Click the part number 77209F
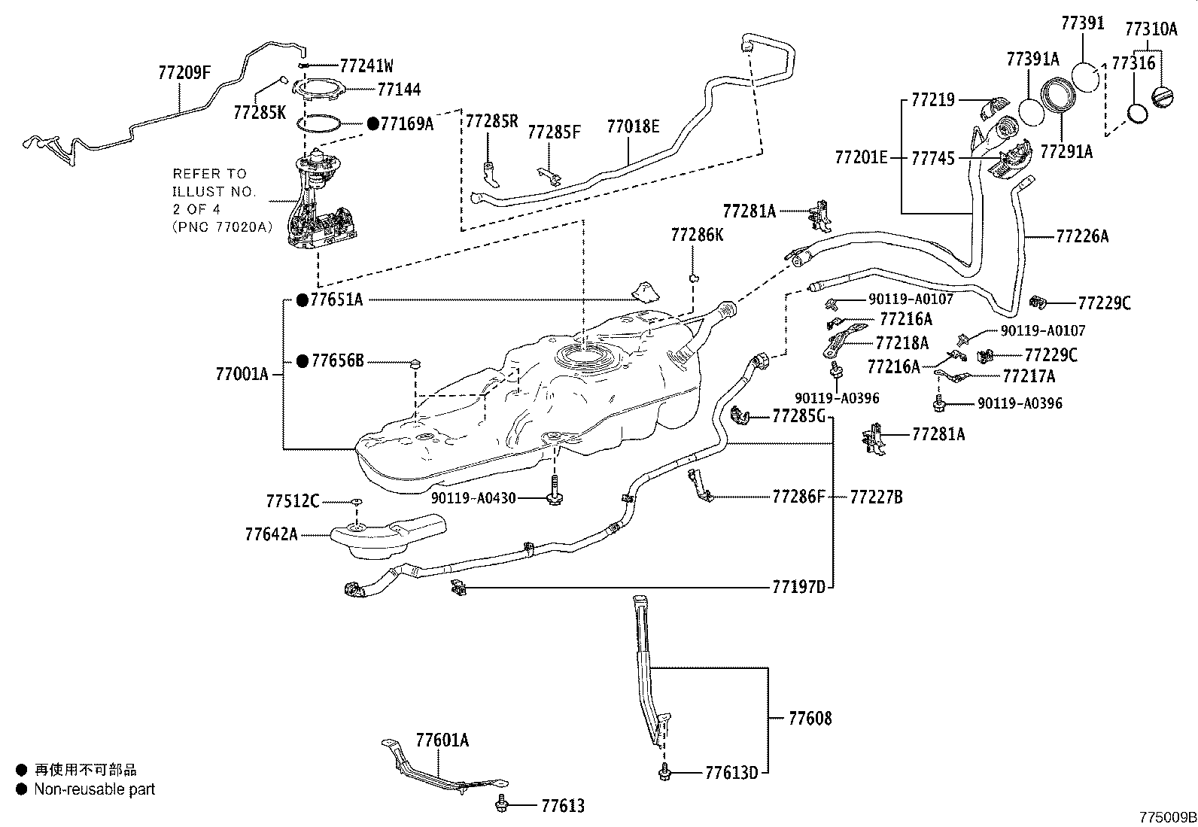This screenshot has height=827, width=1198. pos(184,73)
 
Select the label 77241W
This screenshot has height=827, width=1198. pos(366,65)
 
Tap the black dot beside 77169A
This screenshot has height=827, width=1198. pos(372,123)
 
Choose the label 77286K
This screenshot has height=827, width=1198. pos(697,236)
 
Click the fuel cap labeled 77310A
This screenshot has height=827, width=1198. pos(1163,99)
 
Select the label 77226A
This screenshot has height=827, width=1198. pos(1082,236)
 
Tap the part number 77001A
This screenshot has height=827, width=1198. pos(242,374)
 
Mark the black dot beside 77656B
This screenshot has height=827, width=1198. pos(302,362)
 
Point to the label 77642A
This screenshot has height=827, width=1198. pos(271,534)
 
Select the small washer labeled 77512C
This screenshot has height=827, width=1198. pos(357,501)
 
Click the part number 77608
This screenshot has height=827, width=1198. pos(810,719)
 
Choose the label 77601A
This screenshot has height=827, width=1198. pos(442,740)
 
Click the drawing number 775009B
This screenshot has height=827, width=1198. pos(1167,817)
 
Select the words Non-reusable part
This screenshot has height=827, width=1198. pos(94,789)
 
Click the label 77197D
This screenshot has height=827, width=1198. pos(798,587)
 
